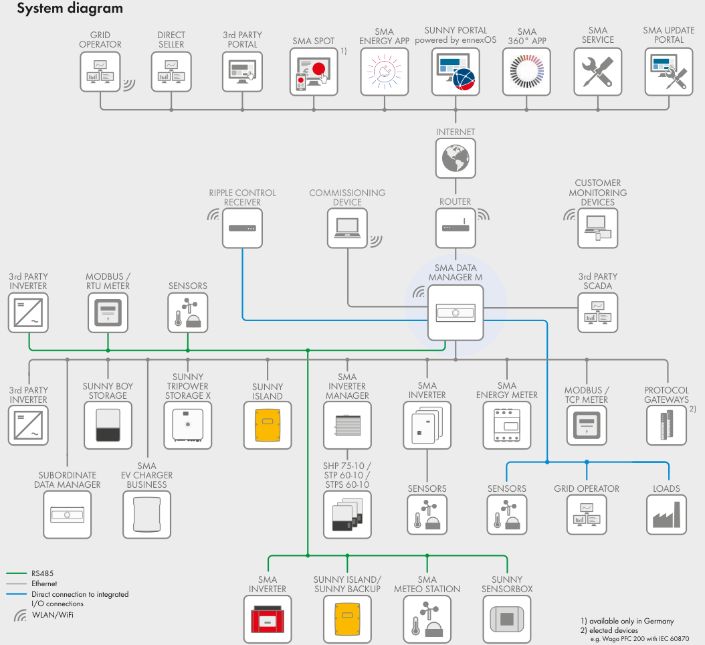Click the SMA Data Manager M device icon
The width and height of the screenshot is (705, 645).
455,312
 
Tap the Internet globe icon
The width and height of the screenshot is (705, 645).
455,158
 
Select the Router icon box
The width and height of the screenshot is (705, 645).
455,228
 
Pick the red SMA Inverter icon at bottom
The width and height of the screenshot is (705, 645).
267,619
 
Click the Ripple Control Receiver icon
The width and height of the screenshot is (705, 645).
241,228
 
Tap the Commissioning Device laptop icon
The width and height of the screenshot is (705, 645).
347,228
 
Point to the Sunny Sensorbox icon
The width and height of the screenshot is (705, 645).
506,619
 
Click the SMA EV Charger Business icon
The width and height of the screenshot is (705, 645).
147,514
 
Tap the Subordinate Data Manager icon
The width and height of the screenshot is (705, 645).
68,514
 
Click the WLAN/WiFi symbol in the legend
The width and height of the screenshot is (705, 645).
20,615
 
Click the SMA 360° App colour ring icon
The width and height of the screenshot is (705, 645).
526,71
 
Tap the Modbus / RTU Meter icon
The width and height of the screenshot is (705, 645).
108,312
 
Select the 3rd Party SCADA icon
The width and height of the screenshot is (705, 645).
597,312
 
